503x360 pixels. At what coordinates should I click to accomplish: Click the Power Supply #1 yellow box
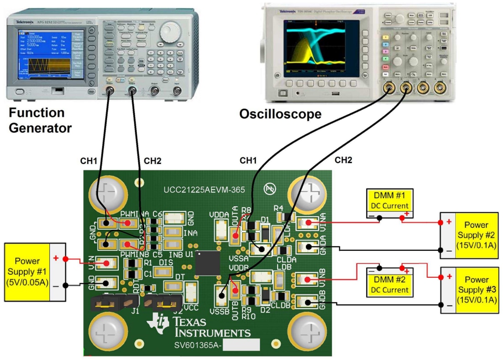click(x=27, y=272)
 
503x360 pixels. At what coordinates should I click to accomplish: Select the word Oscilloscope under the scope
click(x=280, y=114)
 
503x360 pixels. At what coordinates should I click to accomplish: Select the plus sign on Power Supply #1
click(x=55, y=258)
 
